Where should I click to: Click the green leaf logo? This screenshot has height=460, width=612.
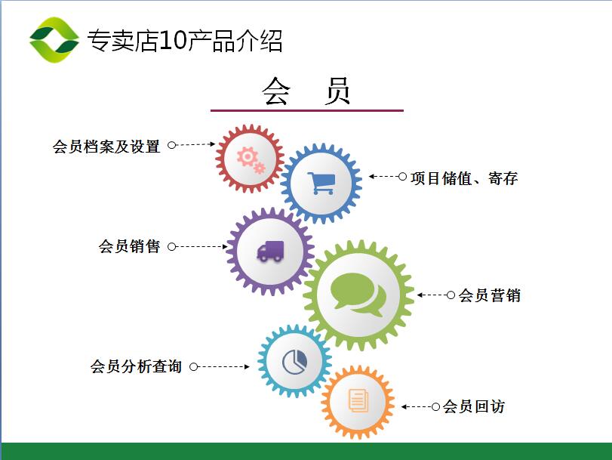point(54,40)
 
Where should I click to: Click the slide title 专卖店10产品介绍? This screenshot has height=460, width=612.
point(185,40)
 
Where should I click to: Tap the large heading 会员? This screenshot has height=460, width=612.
point(306,91)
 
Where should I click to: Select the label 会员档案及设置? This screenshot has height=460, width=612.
point(106,147)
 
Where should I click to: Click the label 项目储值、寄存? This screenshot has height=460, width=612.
point(464,178)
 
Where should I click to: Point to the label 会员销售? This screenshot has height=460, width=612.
point(129,246)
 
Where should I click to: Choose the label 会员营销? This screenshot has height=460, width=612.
point(490,295)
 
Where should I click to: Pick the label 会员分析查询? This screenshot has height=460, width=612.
point(136,366)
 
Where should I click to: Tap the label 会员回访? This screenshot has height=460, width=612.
point(474,406)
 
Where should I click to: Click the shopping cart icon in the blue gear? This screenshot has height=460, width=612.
point(321,184)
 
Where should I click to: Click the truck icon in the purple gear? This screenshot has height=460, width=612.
point(270,251)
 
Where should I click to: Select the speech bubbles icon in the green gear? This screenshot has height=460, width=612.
point(358,295)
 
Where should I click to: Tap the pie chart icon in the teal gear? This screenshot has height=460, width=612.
point(295,362)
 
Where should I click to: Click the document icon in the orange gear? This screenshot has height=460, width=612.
point(358,400)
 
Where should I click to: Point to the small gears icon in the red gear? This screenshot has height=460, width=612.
point(251,159)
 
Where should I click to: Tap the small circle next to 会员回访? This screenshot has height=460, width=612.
point(436,407)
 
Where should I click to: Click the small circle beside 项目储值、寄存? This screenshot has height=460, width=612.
point(402,177)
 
